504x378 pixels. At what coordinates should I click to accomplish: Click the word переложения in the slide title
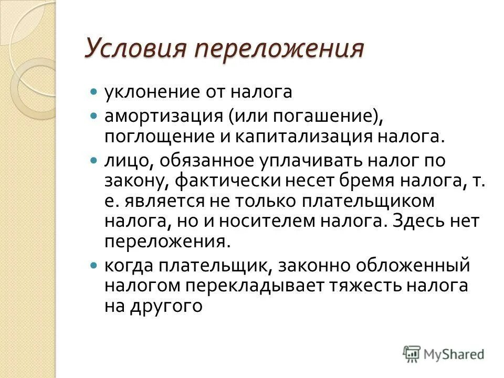279,51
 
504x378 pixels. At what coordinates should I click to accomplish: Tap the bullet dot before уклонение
94,91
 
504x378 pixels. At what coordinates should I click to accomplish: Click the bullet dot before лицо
94,159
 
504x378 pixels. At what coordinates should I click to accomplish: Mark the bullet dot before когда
94,266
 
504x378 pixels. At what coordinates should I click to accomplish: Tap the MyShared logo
444,353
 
